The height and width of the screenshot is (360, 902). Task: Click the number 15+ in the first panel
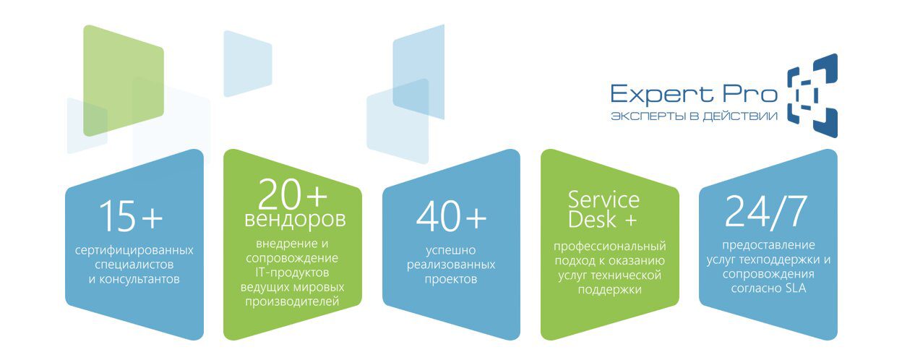pos(131,216)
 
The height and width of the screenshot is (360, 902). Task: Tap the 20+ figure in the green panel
pos(293,194)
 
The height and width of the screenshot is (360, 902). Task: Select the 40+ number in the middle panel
pos(452,216)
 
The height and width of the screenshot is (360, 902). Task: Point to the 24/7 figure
pos(766,212)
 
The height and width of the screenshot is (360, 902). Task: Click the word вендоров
pos(295,220)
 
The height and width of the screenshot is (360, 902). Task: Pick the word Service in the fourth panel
pos(604,200)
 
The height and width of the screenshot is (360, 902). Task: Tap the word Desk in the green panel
pos(592,220)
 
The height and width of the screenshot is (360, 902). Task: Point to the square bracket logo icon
pos(812,95)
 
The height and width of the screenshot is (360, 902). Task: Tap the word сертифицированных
pos(134,250)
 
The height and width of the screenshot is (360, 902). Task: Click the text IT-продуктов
pos(292,273)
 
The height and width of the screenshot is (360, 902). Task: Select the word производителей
pos(292,301)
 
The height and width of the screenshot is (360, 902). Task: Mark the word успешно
pos(450,250)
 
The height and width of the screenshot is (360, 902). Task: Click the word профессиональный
pos(610,247)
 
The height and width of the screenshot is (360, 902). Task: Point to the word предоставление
pos(768,245)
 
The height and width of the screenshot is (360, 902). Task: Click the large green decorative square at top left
pos(123,80)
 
